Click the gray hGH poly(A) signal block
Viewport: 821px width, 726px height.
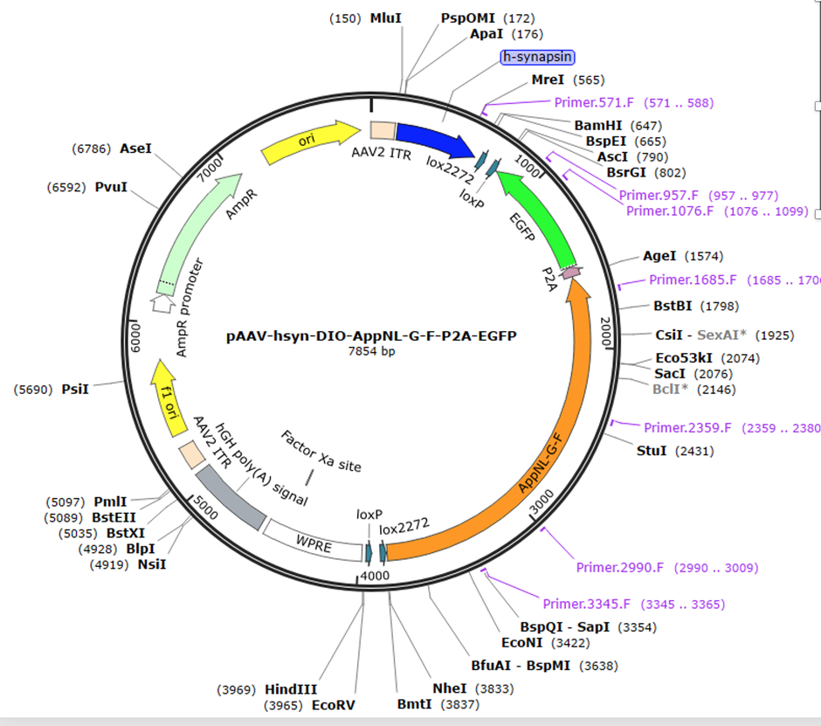coord(230,495)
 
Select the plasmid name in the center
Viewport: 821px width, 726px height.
coord(370,335)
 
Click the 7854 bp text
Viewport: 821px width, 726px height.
coord(370,350)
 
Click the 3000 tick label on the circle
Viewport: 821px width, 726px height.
coord(543,497)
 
